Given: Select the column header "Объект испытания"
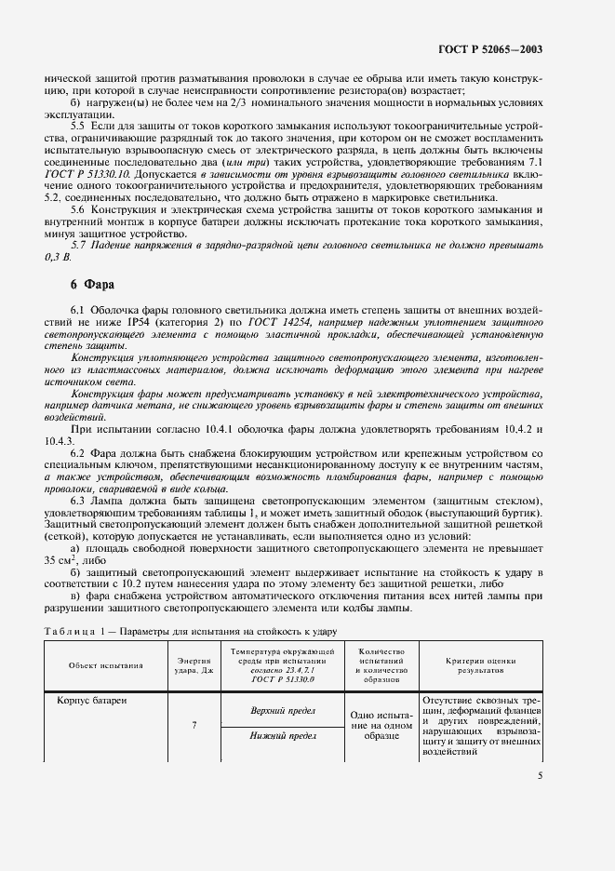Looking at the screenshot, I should [105, 664].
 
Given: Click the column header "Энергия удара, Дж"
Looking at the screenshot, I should [193, 664].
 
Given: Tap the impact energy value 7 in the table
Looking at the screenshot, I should [193, 723].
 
